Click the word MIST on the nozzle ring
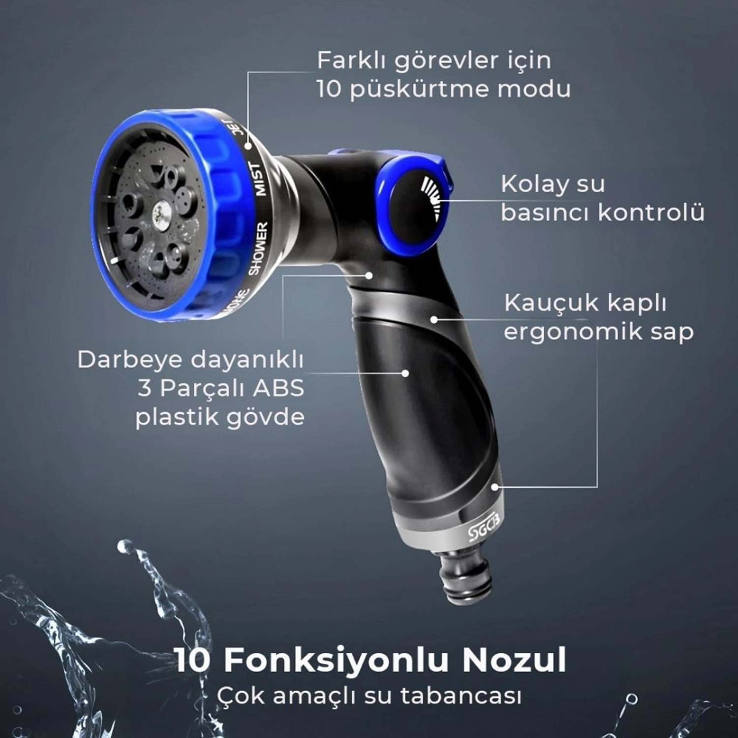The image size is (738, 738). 259,180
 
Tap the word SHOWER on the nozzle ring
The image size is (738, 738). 258,248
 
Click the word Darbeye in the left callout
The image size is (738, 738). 129,361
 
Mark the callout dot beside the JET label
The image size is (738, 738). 248,146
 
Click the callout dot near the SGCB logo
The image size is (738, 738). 495,487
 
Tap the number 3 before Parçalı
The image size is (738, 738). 145,389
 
